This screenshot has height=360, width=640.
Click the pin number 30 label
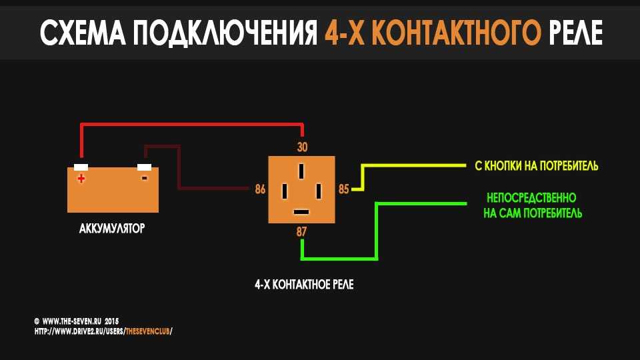click(302, 147)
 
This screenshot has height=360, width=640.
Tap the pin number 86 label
click(260, 189)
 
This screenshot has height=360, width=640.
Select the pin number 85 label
click(344, 189)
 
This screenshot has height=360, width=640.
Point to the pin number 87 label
click(301, 232)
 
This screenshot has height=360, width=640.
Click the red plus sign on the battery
click(81, 179)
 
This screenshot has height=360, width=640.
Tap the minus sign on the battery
click(145, 178)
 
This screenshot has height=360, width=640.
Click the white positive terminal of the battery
click(81, 167)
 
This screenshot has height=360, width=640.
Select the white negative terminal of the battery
click(144, 167)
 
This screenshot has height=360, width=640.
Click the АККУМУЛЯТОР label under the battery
click(112, 228)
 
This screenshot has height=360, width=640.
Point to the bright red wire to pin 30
click(192, 124)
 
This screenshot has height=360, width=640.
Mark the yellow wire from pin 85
click(408, 165)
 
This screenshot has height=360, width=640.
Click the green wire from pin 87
click(376, 231)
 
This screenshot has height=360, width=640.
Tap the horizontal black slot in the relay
click(301, 212)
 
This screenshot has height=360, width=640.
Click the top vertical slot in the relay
click(301, 171)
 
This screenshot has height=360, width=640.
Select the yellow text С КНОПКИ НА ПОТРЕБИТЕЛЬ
click(536, 166)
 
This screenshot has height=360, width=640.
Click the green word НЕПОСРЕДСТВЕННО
click(531, 198)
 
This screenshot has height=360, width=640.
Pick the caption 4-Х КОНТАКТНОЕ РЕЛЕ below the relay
click(304, 285)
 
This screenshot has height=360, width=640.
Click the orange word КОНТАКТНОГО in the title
click(456, 32)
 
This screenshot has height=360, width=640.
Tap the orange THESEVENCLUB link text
click(147, 331)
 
